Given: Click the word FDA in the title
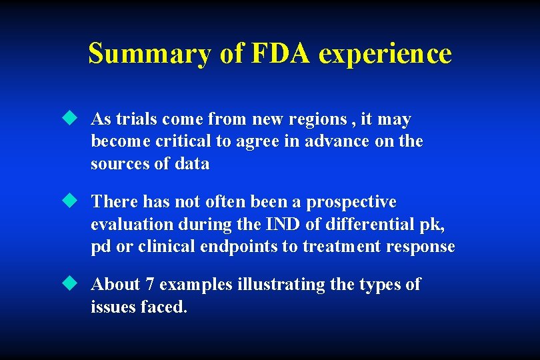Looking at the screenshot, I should pyautogui.click(x=281, y=53).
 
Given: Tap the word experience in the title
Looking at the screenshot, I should pyautogui.click(x=385, y=53).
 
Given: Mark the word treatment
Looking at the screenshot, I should pyautogui.click(x=339, y=246).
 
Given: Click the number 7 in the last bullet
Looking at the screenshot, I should pyautogui.click(x=151, y=284).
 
